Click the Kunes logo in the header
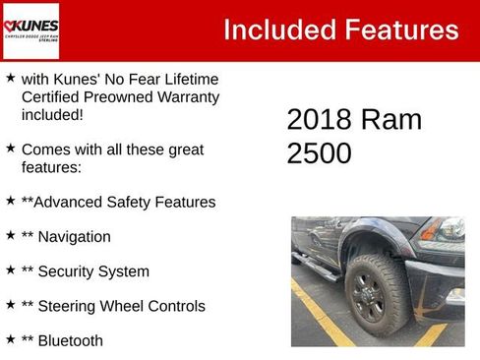click(x=31, y=30)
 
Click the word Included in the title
click(x=278, y=30)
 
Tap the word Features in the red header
click(x=398, y=30)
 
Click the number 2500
click(x=319, y=153)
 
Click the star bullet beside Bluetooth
click(x=10, y=339)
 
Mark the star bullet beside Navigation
click(x=10, y=236)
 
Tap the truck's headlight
click(x=450, y=230)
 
